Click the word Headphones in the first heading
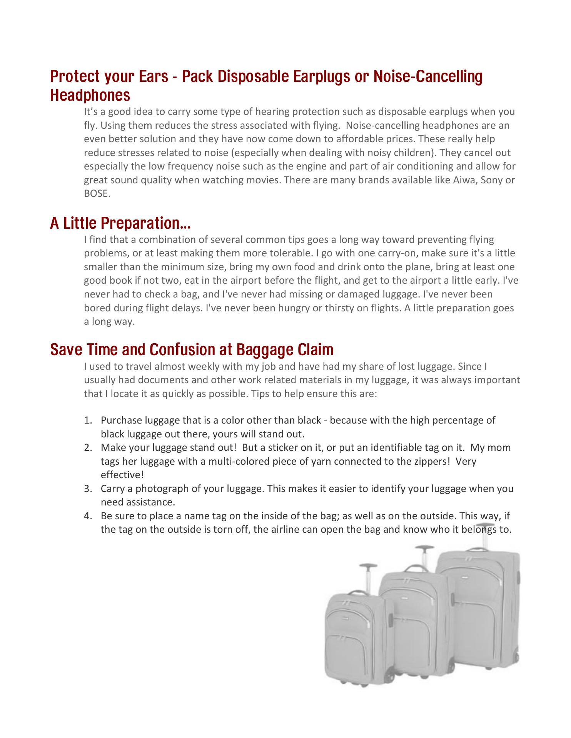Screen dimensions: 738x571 (x=90, y=95)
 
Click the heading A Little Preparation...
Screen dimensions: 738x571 (x=120, y=223)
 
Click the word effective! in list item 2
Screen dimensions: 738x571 (x=122, y=475)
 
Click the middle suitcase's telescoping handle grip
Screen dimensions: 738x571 (x=424, y=547)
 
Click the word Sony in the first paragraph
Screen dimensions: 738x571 (x=492, y=180)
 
